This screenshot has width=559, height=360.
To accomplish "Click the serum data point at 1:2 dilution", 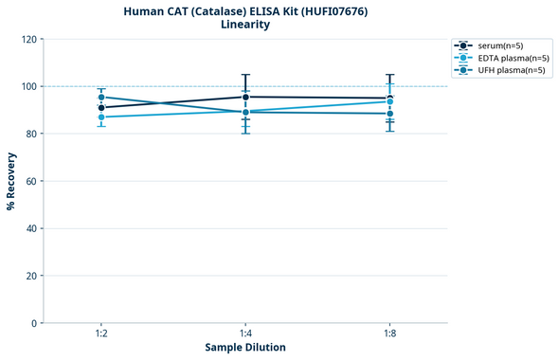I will (101, 108).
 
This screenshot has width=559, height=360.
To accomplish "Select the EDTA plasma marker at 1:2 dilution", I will (101, 117).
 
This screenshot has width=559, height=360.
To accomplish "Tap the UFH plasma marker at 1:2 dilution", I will (101, 97).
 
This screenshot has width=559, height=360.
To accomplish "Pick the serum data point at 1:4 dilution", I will (245, 97).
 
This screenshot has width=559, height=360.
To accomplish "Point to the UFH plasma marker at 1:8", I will (389, 114).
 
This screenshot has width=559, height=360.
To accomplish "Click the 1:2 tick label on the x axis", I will (101, 333).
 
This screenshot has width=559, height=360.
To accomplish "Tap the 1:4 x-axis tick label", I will (245, 333).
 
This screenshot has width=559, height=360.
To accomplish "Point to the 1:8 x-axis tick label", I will (389, 333).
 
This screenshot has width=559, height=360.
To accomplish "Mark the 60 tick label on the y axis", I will (30, 181).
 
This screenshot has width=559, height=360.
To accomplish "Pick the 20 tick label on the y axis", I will (30, 276).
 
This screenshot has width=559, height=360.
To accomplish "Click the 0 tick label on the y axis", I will (33, 323).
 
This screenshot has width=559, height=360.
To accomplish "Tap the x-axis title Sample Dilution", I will (245, 348).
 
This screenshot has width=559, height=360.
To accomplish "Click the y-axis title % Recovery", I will (10, 181).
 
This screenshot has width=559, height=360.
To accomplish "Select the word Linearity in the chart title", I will (245, 25).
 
